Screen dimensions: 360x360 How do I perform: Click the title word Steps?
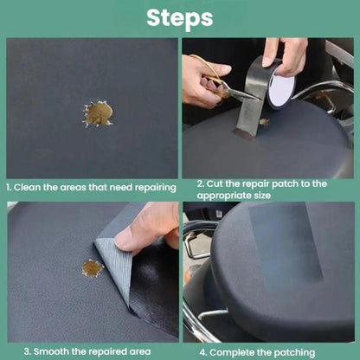[180, 19]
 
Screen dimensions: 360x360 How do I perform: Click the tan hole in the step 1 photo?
[98, 114]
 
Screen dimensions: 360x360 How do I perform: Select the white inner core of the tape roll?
[281, 88]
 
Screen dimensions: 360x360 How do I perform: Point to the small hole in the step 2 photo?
[264, 122]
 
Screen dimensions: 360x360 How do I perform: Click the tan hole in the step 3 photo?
[93, 268]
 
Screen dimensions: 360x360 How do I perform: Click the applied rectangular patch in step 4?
[286, 241]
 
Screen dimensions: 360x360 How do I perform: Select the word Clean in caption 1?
[28, 188]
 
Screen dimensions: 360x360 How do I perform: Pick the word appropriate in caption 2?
[224, 196]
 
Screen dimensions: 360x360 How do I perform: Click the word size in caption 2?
[262, 196]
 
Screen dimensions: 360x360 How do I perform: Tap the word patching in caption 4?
[294, 353]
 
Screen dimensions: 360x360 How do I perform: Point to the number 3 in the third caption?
[27, 352]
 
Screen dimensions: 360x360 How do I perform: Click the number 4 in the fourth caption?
[202, 353]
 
